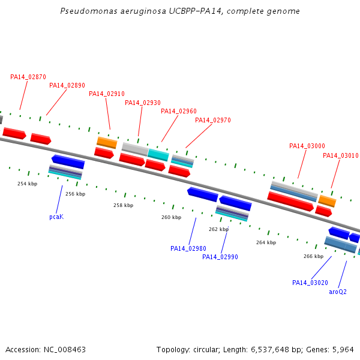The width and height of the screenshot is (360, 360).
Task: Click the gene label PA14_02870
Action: coord(28,77)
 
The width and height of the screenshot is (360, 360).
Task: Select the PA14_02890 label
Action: coord(67,85)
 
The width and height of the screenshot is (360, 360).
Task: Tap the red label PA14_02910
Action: coord(107,94)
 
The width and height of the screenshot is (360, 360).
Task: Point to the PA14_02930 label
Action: coord(143,103)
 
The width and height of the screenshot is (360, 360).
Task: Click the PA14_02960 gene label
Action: coord(179,112)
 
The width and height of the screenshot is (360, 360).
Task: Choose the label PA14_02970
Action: coord(213,121)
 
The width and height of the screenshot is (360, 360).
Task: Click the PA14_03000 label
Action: coord(307,146)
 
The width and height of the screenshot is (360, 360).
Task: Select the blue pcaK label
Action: coord(56,217)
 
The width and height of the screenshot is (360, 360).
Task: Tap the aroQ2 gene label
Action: coord(338,292)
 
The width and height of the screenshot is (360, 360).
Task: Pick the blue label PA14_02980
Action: coord(188,248)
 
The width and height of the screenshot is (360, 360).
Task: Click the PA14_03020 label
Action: coord(310,283)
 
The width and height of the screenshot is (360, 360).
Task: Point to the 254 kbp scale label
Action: coord(28,184)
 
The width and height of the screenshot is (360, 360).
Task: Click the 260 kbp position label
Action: coord(171,217)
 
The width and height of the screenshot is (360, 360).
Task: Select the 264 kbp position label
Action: coord(266,242)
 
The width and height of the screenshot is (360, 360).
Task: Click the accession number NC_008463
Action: coord(65,350)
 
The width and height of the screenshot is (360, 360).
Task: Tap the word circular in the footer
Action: coord(205,350)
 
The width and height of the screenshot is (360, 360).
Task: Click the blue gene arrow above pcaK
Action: coord(68,161)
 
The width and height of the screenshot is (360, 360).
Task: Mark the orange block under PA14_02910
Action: coord(107,143)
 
